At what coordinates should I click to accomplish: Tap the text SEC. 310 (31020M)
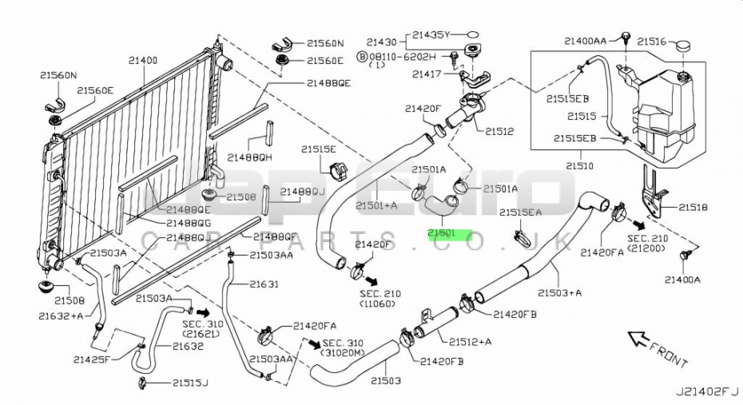tap(344, 347)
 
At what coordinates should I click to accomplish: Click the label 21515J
tap(189, 383)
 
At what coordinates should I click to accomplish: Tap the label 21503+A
tap(559, 292)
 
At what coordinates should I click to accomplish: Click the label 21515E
tap(319, 149)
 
